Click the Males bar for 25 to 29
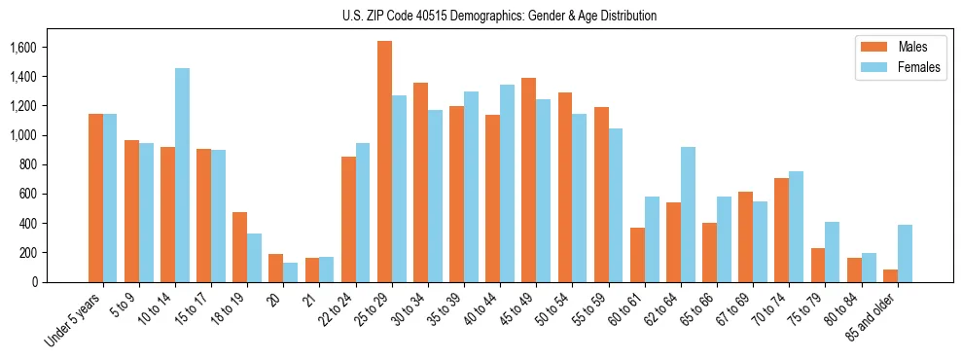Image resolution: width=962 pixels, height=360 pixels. (x=384, y=162)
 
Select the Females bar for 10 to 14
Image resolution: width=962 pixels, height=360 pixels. (x=182, y=175)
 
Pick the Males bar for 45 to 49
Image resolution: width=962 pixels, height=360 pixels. (x=529, y=180)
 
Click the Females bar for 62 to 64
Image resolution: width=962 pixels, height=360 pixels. (x=688, y=214)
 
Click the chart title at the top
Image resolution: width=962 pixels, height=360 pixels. (x=499, y=16)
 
